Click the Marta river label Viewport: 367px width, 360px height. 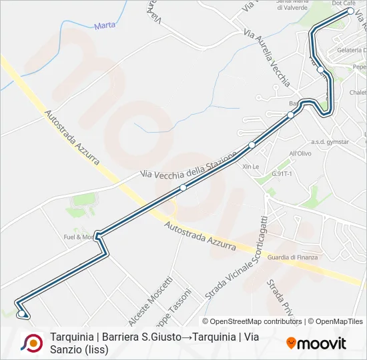pyautogui.click(x=105, y=25)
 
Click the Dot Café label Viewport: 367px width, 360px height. pyautogui.click(x=344, y=3)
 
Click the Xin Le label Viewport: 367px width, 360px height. pyautogui.click(x=251, y=166)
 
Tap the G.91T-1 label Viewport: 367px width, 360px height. pyautogui.click(x=284, y=173)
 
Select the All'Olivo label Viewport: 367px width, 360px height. pyautogui.click(x=300, y=153)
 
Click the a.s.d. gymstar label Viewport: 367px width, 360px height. pyautogui.click(x=330, y=142)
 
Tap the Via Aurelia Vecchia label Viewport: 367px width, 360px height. pyautogui.click(x=267, y=58)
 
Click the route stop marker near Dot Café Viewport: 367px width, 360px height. pyautogui.click(x=350, y=11)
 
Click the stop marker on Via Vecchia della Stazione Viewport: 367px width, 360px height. pyautogui.click(x=183, y=187)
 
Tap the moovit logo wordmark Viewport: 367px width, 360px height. pyautogui.click(x=316, y=343)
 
